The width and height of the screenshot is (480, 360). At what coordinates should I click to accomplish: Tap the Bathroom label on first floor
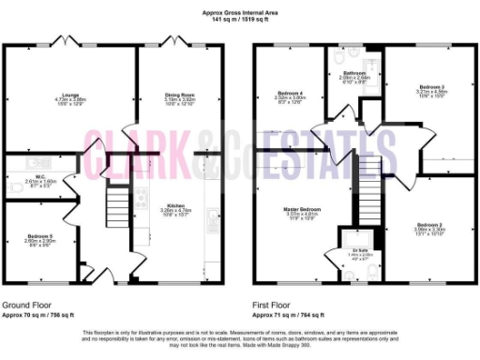(353, 72)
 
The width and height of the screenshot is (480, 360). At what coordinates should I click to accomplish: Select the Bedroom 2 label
(429, 225)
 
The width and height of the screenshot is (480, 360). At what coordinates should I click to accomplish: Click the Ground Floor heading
(26, 306)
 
